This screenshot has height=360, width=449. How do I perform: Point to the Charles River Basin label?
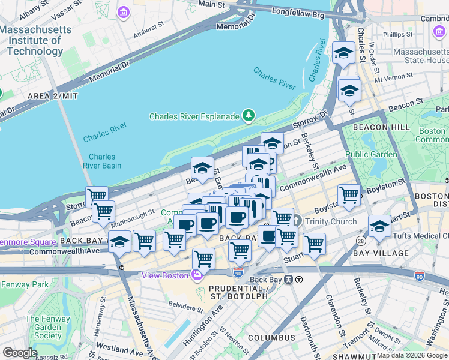[101, 161]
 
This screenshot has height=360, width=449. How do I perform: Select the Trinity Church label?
[329, 221]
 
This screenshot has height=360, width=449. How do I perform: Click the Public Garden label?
[371, 155]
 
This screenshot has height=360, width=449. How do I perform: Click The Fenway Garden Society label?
[43, 328]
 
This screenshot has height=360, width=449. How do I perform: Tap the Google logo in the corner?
[20, 353]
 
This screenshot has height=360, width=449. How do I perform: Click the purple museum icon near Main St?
[124, 13]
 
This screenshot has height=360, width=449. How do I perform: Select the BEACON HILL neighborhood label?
[381, 127]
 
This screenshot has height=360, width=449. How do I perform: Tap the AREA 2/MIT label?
[52, 96]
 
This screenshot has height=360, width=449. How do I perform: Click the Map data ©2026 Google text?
[412, 355]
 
